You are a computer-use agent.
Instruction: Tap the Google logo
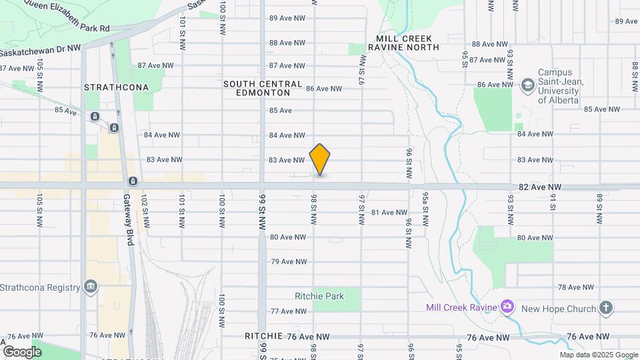click(22, 351)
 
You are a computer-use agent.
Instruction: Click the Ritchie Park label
click(320, 296)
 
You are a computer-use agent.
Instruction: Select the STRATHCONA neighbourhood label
click(110, 87)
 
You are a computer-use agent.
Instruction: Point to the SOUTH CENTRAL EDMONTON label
click(263, 88)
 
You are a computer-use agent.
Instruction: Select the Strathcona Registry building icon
click(91, 287)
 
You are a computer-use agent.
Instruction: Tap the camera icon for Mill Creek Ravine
click(507, 307)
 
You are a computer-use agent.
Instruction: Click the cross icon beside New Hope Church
click(605, 307)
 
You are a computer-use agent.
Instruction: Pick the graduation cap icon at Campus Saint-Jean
click(528, 85)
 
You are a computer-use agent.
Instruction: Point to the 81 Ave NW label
click(389, 213)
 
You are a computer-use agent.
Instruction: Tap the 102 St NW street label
click(144, 211)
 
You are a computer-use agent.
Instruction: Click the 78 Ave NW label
click(575, 287)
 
